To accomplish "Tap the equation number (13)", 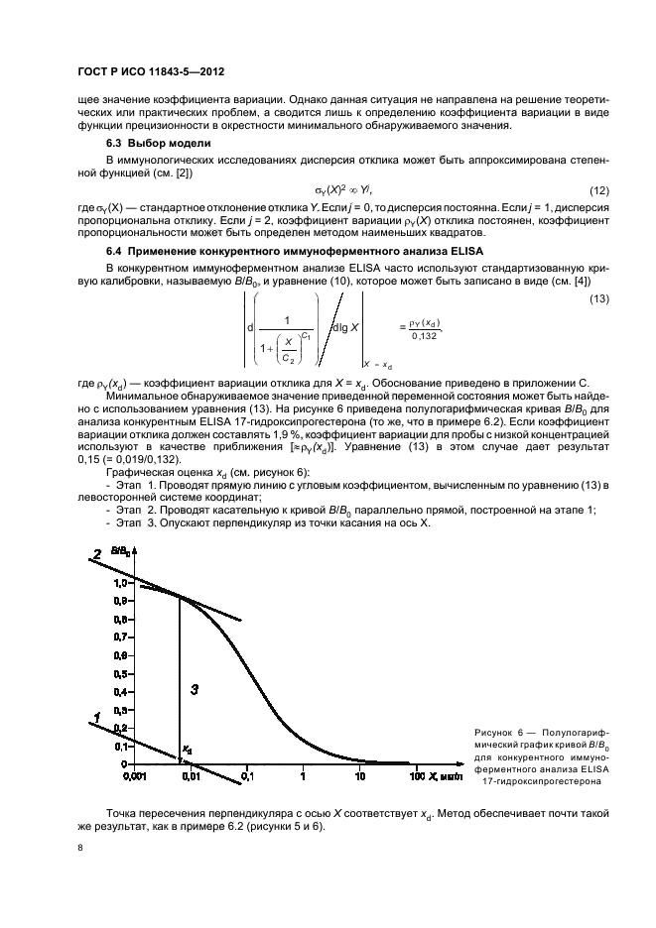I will pos(598,298).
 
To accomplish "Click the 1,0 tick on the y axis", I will pos(119,583).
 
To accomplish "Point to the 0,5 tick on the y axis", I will pos(119,674).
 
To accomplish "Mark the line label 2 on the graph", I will pos(97,553).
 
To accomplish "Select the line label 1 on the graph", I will pos(96,716).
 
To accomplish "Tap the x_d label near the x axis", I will pos(186,750).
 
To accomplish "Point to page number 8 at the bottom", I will pos(80,849).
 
